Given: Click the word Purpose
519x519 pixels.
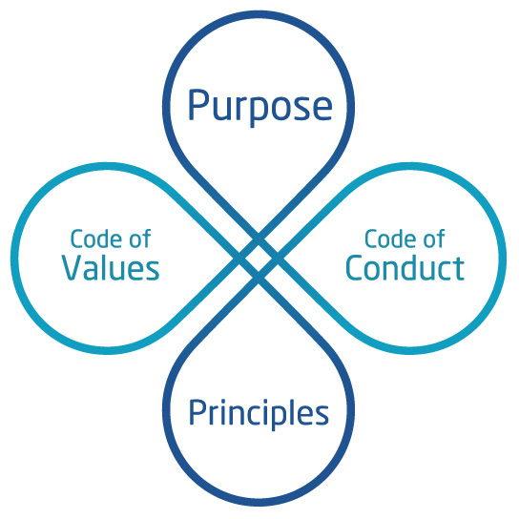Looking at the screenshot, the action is coord(260,107).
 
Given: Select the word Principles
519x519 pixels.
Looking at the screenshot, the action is coord(259,414).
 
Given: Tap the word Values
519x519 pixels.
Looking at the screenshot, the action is coord(111,267).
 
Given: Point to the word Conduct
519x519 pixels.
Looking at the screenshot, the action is coord(405,267).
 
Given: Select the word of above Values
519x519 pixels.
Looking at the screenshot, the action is coord(140,238).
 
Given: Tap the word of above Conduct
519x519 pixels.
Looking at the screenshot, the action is coord(434,238).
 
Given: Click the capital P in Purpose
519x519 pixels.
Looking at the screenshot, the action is coord(198,104).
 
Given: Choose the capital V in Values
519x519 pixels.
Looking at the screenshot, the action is coord(73,268).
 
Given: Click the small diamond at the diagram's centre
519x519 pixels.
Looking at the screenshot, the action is coord(259,258).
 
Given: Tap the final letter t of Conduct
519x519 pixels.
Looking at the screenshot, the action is coord(459,269).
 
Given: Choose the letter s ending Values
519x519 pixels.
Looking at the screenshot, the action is coord(153,271).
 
